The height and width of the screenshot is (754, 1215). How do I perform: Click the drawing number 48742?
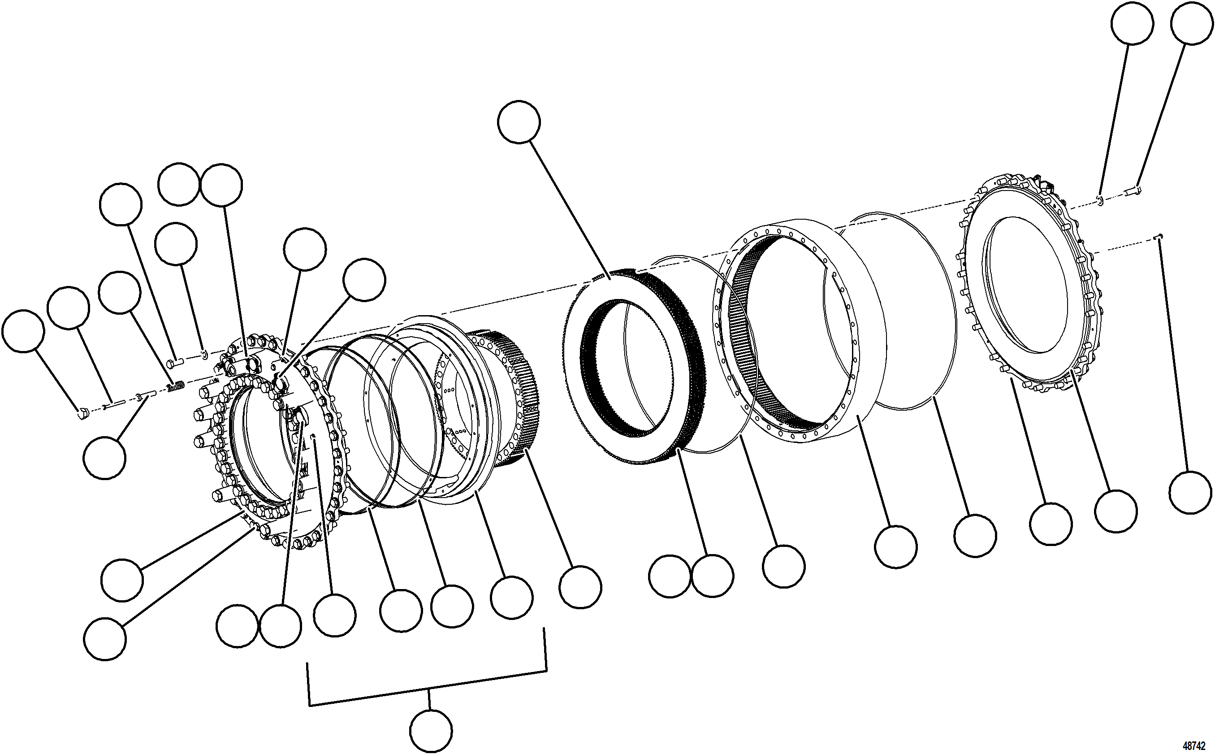click(1194, 746)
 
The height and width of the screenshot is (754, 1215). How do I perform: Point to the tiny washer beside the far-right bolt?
click(1100, 200)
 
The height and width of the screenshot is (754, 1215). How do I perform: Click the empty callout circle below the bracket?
click(431, 731)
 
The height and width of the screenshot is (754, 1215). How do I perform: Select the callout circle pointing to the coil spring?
click(120, 292)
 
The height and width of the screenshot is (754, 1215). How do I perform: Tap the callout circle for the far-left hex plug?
click(23, 331)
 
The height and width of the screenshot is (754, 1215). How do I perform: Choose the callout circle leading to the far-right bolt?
click(1191, 23)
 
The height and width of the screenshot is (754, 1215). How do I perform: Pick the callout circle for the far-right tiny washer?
click(1133, 23)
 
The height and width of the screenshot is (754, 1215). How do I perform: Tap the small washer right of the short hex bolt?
click(204, 354)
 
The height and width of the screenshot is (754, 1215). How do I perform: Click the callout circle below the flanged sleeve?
click(105, 458)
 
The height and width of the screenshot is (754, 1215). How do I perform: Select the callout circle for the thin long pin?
click(69, 308)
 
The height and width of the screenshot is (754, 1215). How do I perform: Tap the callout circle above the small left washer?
click(176, 243)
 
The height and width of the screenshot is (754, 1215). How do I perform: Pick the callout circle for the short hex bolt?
click(121, 204)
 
